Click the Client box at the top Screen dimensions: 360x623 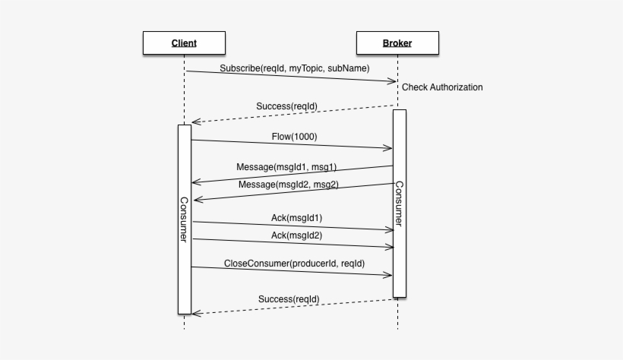point(184,43)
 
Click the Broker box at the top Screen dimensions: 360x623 point(397,43)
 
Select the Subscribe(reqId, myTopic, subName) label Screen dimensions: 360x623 point(295,68)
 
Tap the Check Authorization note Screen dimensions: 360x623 point(442,87)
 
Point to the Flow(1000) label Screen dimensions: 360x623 point(294,137)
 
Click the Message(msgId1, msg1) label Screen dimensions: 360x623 point(287,167)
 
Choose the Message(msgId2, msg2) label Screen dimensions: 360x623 point(288,185)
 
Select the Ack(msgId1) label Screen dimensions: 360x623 point(296,218)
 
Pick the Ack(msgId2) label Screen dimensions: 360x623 point(296,235)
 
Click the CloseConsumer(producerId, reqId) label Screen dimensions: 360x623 point(294,264)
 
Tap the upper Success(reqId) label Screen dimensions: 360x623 point(287,106)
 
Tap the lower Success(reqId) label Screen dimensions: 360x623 point(288,299)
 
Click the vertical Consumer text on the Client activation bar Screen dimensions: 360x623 point(184,219)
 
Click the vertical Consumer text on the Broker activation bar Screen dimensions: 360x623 point(399,204)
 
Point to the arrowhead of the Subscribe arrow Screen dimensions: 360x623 point(394,81)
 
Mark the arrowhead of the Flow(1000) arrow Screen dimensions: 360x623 point(389,148)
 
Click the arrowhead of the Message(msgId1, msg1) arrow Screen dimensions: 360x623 point(195,182)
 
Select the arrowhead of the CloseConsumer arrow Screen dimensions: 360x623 point(389,274)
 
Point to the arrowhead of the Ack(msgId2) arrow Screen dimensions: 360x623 point(391,247)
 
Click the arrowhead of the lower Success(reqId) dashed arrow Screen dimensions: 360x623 point(195,313)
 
